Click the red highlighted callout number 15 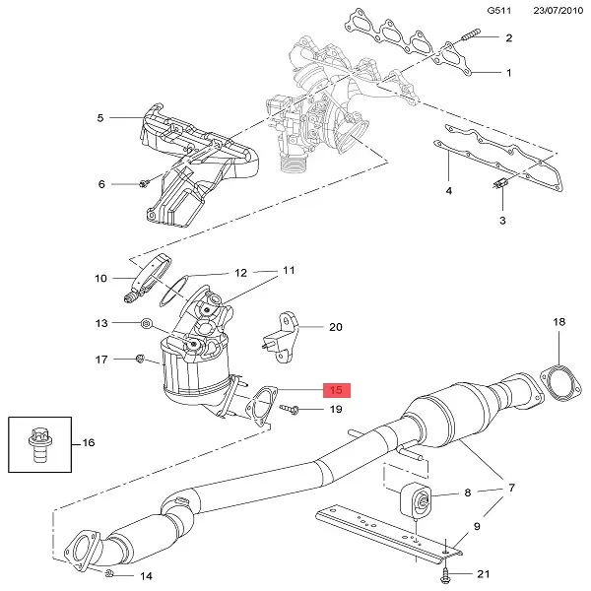(x=337, y=390)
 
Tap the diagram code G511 (x=499, y=10)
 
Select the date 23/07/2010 (x=558, y=10)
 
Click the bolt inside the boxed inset (x=40, y=445)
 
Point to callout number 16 (x=89, y=442)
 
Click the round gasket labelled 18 (x=559, y=383)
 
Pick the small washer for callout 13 (x=146, y=323)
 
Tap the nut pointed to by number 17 (x=140, y=359)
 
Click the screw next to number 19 (x=289, y=408)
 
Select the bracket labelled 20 (x=282, y=338)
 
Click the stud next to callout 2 (x=471, y=35)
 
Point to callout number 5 (x=99, y=118)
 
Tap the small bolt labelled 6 (x=144, y=183)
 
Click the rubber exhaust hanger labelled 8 (x=416, y=500)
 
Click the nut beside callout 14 (x=109, y=573)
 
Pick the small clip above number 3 (x=501, y=183)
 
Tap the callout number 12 (x=241, y=273)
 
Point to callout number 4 (x=448, y=191)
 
